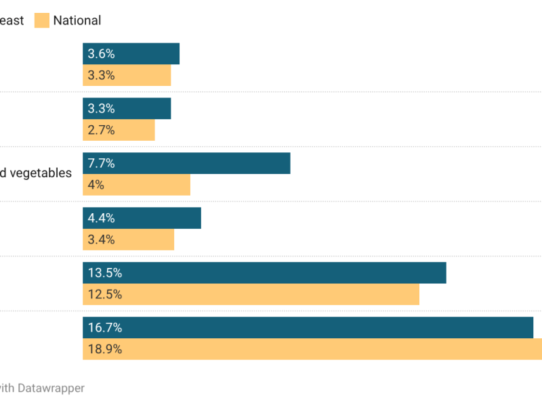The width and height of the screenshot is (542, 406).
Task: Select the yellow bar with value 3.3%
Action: pos(127,75)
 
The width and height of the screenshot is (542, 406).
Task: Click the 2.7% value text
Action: pos(101,130)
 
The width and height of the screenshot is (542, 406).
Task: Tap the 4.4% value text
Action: pos(101,218)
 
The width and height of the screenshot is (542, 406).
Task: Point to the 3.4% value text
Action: pos(101,240)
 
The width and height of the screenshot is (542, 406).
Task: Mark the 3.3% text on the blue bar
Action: pos(101,108)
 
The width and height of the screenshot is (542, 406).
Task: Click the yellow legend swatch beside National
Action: pos(42,20)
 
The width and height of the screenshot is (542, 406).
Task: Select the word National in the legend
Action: pos(77,20)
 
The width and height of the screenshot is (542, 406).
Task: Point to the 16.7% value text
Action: pos(104,328)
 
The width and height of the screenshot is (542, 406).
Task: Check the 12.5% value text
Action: pos(104,294)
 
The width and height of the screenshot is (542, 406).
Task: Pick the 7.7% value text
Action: pos(101,163)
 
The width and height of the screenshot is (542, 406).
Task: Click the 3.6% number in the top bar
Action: pos(101,54)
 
